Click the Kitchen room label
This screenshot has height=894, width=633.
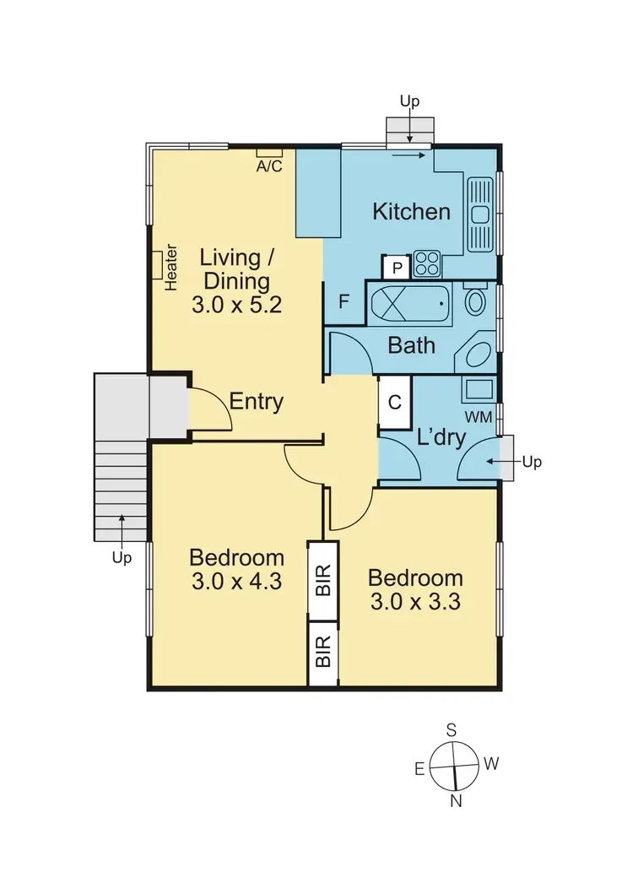click(412, 211)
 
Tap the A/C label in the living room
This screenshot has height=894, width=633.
click(269, 166)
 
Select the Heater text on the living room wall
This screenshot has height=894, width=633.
click(171, 268)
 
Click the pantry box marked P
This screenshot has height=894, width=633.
click(396, 268)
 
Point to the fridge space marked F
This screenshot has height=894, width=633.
click(344, 301)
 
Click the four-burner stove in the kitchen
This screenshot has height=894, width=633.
click(427, 264)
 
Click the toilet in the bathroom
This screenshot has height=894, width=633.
click(477, 301)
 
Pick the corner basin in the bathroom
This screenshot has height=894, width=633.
click(479, 355)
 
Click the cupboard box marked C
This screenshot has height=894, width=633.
click(394, 403)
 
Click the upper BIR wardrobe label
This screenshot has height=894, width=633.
click(322, 581)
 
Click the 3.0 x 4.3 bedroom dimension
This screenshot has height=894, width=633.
click(236, 582)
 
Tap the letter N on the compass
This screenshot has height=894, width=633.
click(456, 801)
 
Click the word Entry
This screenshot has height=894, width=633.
click(257, 402)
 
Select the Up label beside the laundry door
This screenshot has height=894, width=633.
click(532, 462)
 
